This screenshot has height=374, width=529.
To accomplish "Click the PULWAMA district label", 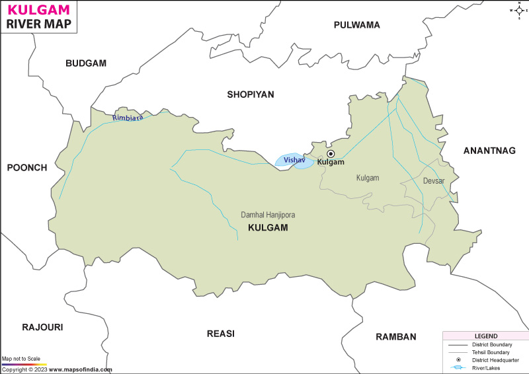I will (x=357, y=25).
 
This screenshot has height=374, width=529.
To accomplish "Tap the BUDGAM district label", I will (x=86, y=63).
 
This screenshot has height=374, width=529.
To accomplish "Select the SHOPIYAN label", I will (x=251, y=94).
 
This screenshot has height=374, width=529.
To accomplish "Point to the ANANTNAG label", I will (x=489, y=151).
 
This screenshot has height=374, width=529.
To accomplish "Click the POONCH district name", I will (x=27, y=168).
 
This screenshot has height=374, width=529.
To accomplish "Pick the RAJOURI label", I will (x=42, y=327).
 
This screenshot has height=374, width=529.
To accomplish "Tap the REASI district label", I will (x=221, y=334).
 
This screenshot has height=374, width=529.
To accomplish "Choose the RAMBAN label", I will (x=396, y=336).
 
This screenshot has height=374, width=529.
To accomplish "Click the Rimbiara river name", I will (x=128, y=117).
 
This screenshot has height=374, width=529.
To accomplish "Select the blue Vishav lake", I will (x=294, y=161).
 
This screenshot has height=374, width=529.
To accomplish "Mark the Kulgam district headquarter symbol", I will (x=331, y=153).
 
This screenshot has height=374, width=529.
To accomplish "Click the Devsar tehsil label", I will (x=434, y=180).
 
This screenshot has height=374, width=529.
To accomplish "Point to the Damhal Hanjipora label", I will (x=268, y=215).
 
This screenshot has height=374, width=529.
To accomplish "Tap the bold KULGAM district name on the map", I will (x=268, y=227).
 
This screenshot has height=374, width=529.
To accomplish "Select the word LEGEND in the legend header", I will (x=485, y=336).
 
